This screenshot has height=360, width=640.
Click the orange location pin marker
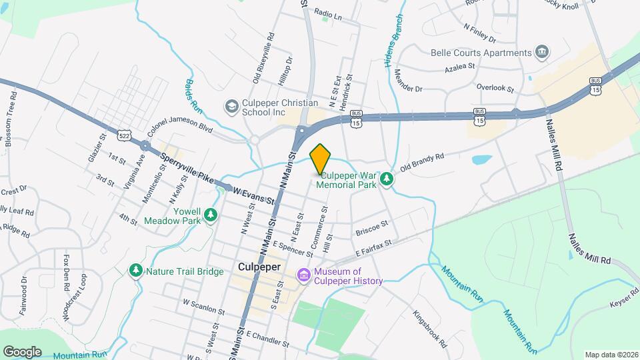pos(320,159)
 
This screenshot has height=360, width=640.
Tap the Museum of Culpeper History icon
pos(304,275)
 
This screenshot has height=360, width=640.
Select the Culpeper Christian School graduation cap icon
pos(231,106)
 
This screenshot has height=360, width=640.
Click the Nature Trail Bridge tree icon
pos(136,270)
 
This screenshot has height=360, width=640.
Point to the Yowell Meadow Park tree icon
pos(211,214)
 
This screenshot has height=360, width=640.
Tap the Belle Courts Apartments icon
pos(542,52)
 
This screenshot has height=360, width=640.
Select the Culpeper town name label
pos(259,267)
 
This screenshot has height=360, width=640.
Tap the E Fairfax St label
pos(373,250)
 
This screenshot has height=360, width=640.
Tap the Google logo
pos(22,351)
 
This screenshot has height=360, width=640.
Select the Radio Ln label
pos(327,13)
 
